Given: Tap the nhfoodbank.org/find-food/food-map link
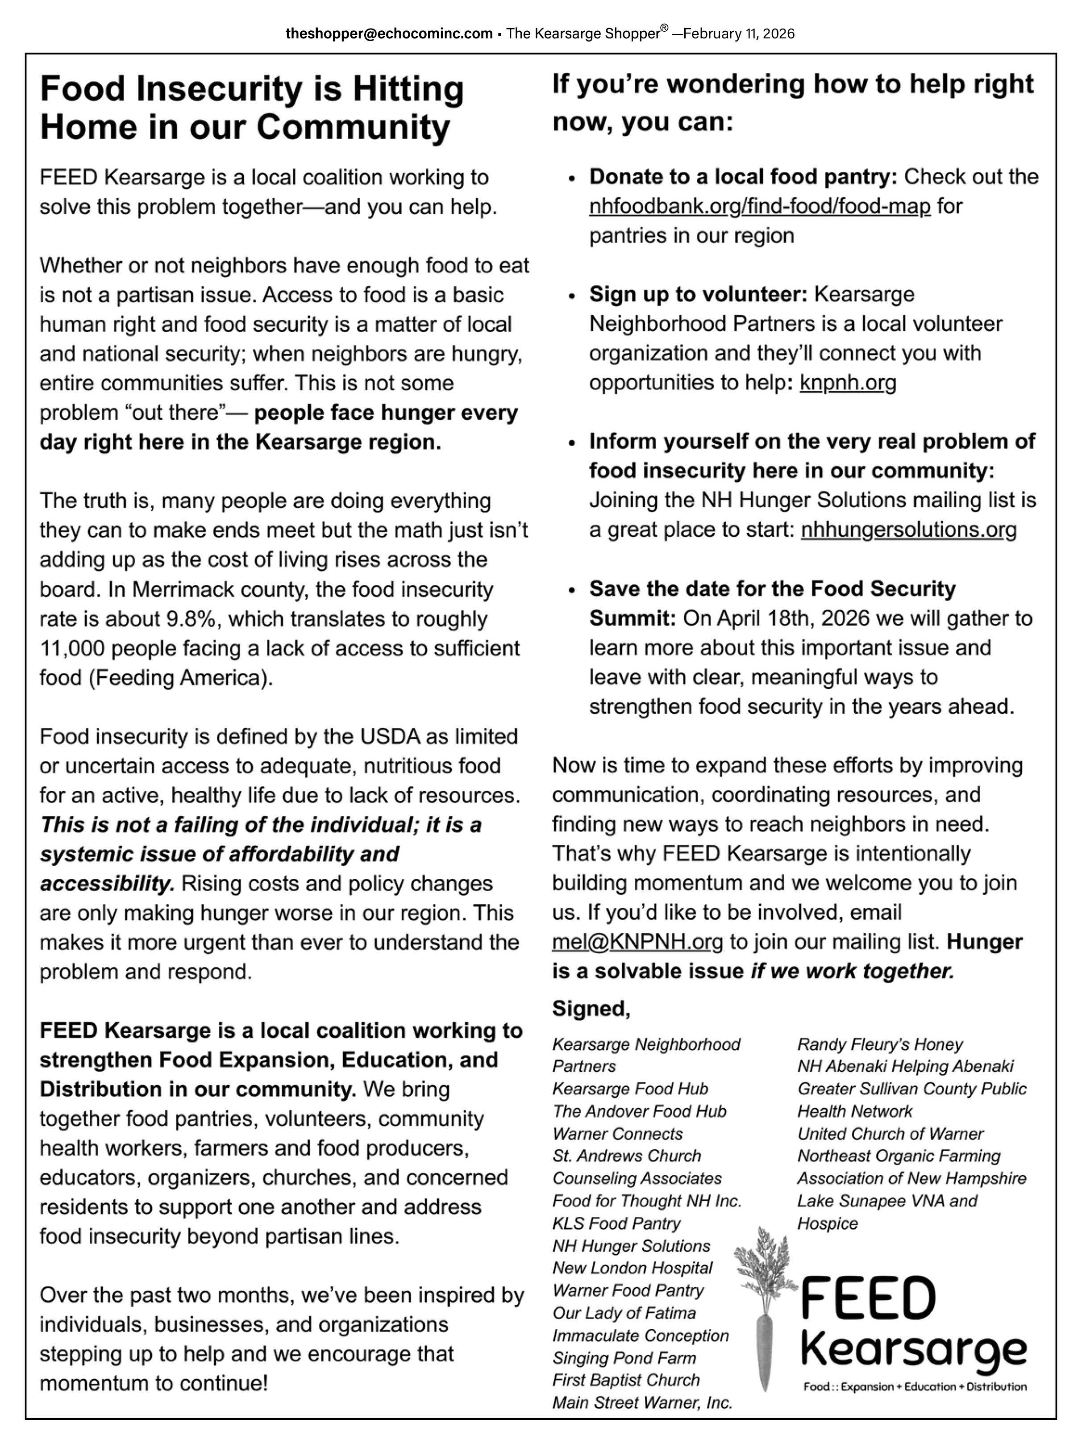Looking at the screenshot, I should click(759, 206).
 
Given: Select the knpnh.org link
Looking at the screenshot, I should click(847, 383).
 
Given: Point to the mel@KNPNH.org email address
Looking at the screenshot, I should click(637, 942).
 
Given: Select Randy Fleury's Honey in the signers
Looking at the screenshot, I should click(880, 1045).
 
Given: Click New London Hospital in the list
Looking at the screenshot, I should click(632, 1268).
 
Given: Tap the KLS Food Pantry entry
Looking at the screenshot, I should click(616, 1224).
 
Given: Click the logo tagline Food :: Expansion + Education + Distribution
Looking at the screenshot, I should click(914, 1386).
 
